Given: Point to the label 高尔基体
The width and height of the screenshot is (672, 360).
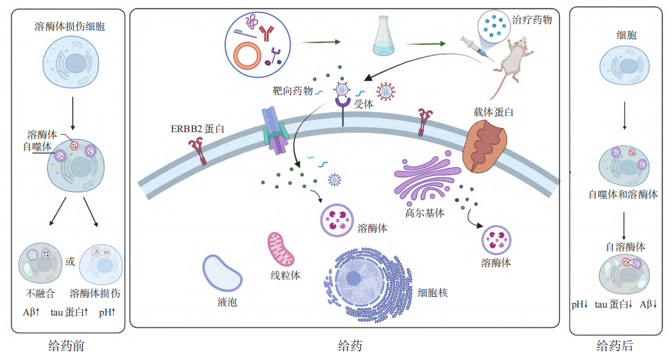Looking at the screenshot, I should pyautogui.click(x=425, y=214).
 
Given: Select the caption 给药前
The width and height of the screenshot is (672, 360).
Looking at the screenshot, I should pyautogui.click(x=66, y=346).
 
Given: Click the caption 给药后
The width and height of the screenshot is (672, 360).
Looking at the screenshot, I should pyautogui.click(x=615, y=346).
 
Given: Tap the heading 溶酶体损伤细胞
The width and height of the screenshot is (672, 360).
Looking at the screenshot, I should pyautogui.click(x=70, y=27).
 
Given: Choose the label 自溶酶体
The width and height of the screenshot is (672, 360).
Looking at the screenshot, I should pyautogui.click(x=625, y=246).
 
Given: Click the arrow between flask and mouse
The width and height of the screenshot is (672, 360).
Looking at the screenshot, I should pyautogui.click(x=426, y=45).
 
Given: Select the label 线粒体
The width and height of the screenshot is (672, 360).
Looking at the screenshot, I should pyautogui.click(x=285, y=275).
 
